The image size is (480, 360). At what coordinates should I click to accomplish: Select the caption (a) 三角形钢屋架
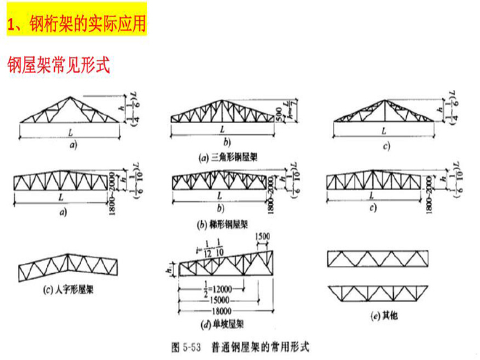pyautogui.click(x=228, y=158)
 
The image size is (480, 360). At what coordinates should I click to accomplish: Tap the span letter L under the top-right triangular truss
pyautogui.click(x=383, y=131)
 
